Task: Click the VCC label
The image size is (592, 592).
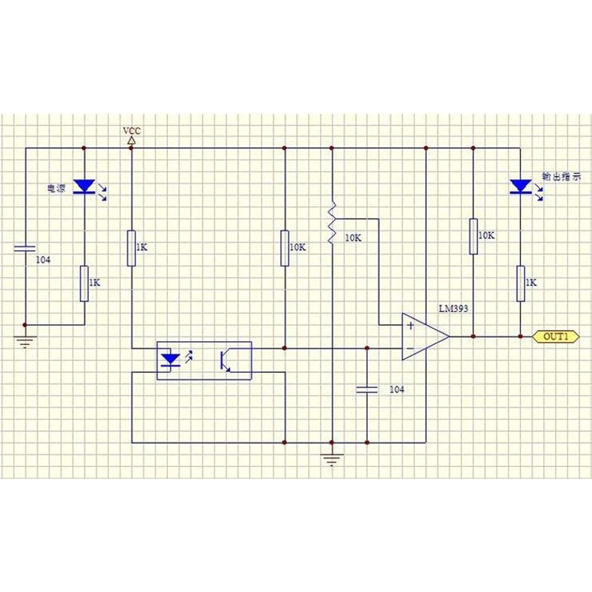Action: [132, 131]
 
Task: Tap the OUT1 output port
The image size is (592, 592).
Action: [556, 337]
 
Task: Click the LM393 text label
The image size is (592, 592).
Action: [453, 309]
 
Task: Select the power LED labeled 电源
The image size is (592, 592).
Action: [84, 186]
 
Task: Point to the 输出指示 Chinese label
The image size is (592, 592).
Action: [562, 176]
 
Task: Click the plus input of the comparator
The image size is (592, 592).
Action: [411, 325]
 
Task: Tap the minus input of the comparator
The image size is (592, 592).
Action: [411, 349]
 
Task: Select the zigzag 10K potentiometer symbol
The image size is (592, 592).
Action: [332, 222]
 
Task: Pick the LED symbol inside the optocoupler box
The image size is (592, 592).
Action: [170, 360]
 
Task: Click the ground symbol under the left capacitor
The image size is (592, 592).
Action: [25, 341]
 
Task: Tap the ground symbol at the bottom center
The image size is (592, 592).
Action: [332, 460]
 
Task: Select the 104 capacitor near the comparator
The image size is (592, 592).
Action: [367, 389]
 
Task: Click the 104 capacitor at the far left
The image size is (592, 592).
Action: [25, 248]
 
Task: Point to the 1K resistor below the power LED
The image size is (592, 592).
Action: [84, 283]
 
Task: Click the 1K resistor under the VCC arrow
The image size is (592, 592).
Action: [132, 248]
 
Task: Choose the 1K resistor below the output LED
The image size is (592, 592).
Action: [521, 283]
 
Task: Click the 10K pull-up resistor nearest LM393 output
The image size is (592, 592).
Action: [474, 236]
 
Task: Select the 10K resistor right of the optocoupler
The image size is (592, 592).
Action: [285, 248]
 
